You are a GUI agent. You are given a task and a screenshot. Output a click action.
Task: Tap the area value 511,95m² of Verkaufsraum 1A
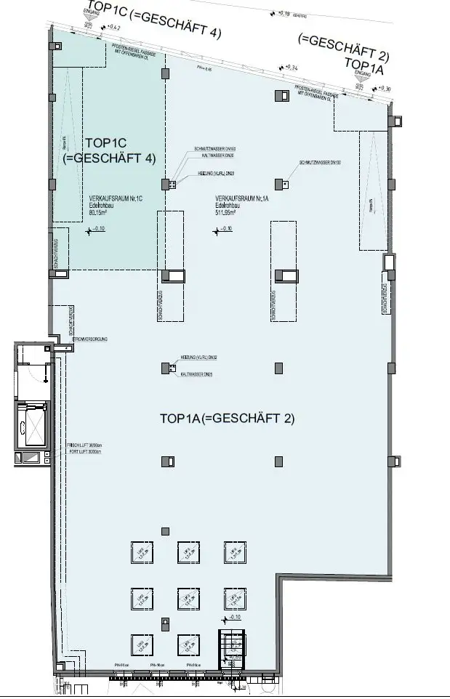226,214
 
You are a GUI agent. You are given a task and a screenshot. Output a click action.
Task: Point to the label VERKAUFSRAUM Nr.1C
111,198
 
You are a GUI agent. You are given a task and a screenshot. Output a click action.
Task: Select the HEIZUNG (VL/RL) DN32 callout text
198,357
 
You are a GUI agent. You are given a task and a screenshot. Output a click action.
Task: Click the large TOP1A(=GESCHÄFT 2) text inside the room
226,419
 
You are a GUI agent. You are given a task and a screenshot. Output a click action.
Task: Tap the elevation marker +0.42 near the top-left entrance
113,28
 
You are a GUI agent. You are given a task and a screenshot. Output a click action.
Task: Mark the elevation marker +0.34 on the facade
292,68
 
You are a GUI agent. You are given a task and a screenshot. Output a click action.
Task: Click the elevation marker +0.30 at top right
384,89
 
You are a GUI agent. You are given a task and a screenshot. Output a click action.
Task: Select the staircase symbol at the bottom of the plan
232,647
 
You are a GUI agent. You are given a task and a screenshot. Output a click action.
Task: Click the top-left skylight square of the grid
141,553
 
